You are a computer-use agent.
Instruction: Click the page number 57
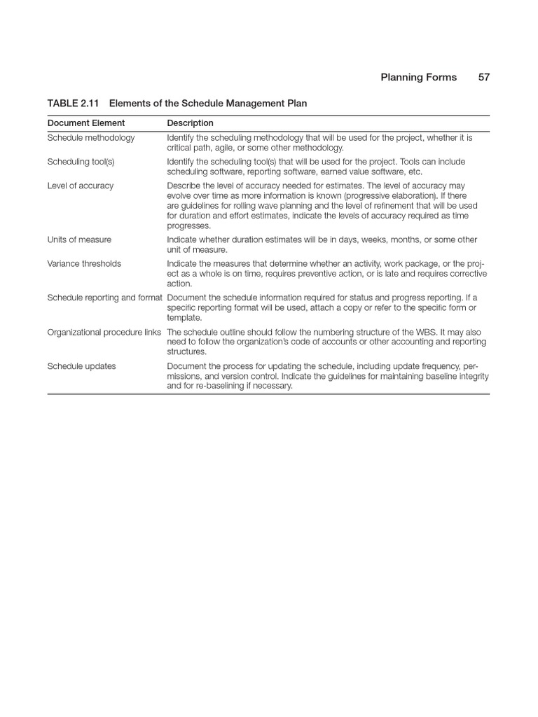tap(484, 78)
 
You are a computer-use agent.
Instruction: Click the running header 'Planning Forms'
tap(418, 78)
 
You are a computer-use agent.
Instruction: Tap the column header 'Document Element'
tap(86, 123)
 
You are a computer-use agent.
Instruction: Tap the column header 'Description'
tap(190, 123)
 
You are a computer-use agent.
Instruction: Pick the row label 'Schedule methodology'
tap(91, 138)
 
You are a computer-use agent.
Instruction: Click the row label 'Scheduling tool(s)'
tap(80, 162)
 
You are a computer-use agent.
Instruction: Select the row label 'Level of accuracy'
tap(80, 186)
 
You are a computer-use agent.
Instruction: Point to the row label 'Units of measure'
tap(79, 239)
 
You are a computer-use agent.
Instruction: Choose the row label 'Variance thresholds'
tap(84, 264)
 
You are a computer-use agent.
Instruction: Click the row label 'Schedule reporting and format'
tap(104, 298)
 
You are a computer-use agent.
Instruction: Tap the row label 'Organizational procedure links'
tap(104, 332)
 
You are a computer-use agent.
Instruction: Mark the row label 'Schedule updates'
tap(81, 366)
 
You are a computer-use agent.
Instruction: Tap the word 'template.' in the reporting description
tap(184, 318)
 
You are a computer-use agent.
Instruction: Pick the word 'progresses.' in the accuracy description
tap(188, 225)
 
